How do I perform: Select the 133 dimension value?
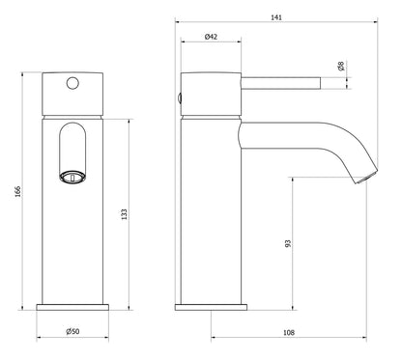click(x=123, y=213)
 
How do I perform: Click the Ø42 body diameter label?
click(x=212, y=37)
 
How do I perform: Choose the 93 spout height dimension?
click(x=288, y=244)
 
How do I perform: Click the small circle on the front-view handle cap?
click(x=72, y=84)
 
